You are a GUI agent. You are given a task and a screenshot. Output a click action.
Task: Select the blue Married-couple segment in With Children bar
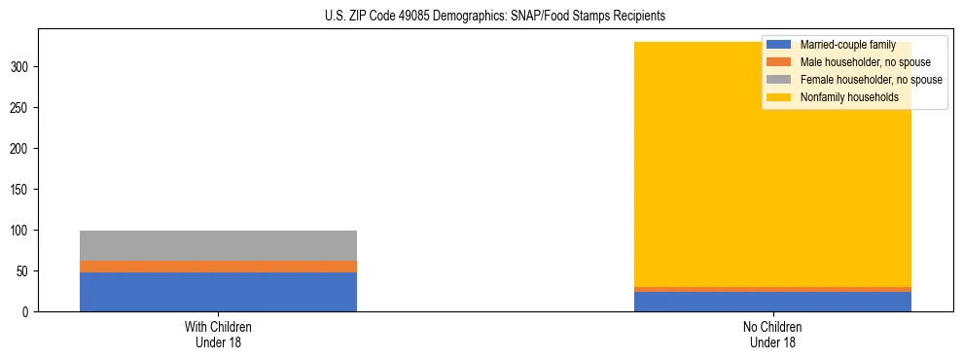click(x=218, y=292)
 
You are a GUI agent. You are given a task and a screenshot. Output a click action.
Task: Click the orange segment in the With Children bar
click(x=218, y=267)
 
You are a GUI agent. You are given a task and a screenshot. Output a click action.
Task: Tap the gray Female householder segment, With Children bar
click(x=218, y=245)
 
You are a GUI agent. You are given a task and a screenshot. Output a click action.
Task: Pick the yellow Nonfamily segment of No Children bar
click(x=772, y=175)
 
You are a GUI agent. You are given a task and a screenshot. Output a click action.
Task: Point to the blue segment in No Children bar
click(x=772, y=302)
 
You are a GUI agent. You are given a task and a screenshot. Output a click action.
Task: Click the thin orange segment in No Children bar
click(x=772, y=289)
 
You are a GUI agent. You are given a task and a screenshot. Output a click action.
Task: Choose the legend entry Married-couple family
click(x=845, y=45)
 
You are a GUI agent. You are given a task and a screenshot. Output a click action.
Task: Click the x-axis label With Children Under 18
click(x=218, y=335)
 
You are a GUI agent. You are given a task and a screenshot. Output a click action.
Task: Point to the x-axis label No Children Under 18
click(x=772, y=335)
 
